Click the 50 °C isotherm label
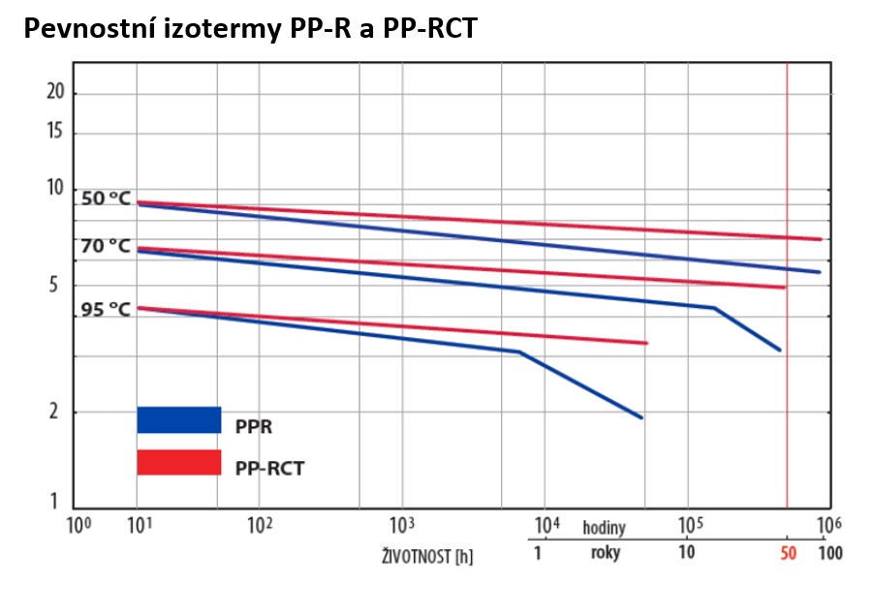click(x=106, y=198)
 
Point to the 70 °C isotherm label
click(x=106, y=246)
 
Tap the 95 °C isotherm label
click(x=106, y=310)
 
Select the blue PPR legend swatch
click(x=179, y=419)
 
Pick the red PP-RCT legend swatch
click(x=179, y=462)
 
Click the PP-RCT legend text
click(x=269, y=468)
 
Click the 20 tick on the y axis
click(x=55, y=92)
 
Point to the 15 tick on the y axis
click(x=55, y=132)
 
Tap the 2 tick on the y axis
click(x=59, y=412)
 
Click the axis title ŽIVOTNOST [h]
click(x=426, y=557)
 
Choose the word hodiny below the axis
click(x=604, y=528)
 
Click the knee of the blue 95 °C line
click(x=520, y=352)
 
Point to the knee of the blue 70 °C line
click(x=715, y=308)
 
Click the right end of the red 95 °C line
click(x=645, y=343)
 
